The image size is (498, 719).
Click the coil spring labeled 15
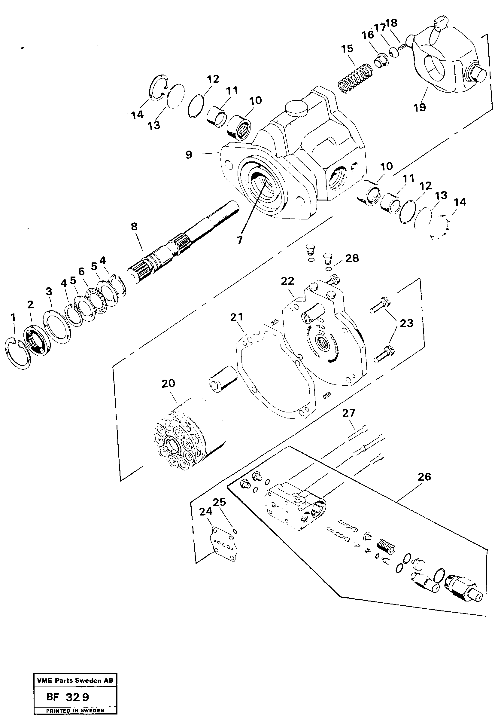pyautogui.click(x=355, y=79)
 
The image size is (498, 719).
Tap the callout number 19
pyautogui.click(x=419, y=107)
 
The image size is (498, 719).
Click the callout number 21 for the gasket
pyautogui.click(x=236, y=317)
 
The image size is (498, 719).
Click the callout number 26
pyautogui.click(x=424, y=477)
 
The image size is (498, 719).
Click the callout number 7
pyautogui.click(x=239, y=240)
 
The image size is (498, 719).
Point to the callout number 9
pyautogui.click(x=189, y=155)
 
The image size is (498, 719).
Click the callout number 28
pyautogui.click(x=352, y=258)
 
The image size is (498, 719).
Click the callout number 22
pyautogui.click(x=287, y=281)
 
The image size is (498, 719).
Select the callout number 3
pyautogui.click(x=49, y=292)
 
